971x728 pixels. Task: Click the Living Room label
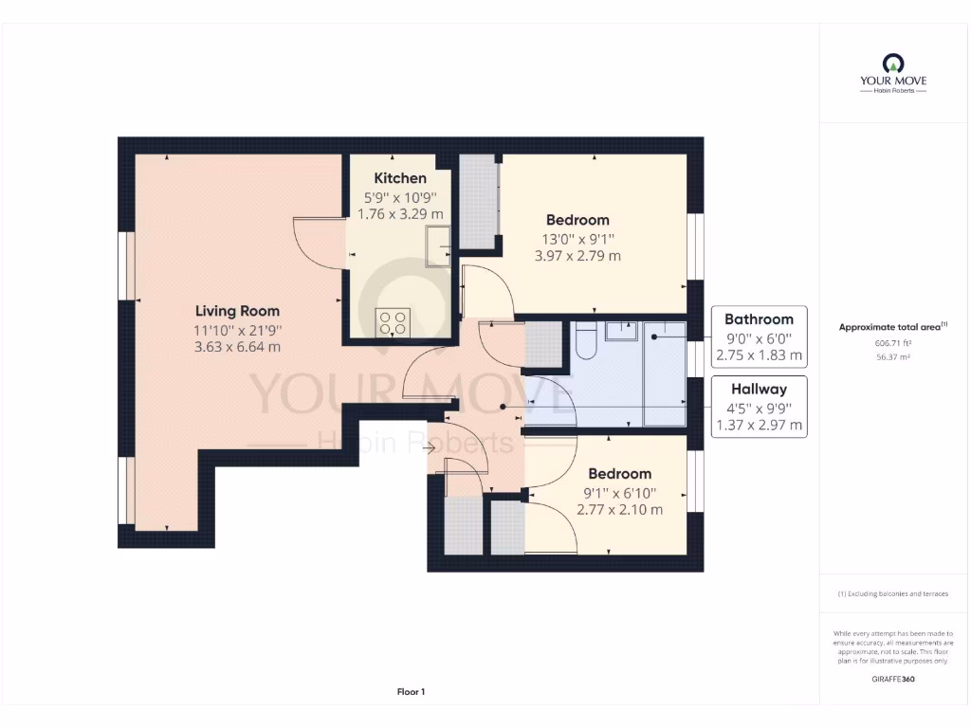(237, 311)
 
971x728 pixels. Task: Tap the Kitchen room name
(400, 178)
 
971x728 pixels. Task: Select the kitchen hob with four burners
(394, 322)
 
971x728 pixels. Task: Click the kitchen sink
(438, 249)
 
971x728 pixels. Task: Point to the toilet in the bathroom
(584, 341)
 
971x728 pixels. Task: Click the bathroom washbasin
(623, 330)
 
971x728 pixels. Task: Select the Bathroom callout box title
(759, 318)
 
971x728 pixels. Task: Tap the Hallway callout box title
(759, 389)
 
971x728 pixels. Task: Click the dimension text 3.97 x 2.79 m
(577, 256)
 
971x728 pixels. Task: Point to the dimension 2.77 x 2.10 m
(619, 510)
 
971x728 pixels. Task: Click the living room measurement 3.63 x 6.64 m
(237, 347)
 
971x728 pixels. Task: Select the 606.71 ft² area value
(892, 344)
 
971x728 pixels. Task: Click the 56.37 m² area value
(892, 357)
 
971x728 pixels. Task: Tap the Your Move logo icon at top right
(892, 63)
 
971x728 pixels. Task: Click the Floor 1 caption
(411, 692)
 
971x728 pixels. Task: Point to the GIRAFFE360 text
(892, 679)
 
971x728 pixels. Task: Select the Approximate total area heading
(892, 327)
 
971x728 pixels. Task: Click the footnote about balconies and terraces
(892, 593)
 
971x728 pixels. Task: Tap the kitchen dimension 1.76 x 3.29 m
(400, 214)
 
